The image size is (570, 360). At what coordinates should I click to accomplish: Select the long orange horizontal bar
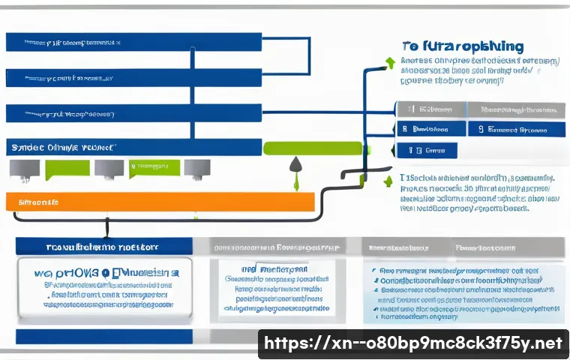(x=159, y=202)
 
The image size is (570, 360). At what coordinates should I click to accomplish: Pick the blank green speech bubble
(x=61, y=169)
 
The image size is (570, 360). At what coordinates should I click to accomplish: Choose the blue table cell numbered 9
(x=516, y=129)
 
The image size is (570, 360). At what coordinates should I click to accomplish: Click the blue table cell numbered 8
(x=430, y=129)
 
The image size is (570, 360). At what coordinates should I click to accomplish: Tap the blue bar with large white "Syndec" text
(x=133, y=147)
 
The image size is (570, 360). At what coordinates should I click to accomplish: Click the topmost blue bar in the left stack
(x=133, y=42)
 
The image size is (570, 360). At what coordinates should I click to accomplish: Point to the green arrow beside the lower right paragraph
(x=388, y=182)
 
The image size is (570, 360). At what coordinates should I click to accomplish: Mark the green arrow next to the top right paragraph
(x=388, y=62)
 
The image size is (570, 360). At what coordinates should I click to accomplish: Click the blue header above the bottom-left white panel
(x=103, y=246)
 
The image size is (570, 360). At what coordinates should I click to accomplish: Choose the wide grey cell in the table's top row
(x=516, y=109)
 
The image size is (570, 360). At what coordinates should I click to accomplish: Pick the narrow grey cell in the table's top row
(x=430, y=109)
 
